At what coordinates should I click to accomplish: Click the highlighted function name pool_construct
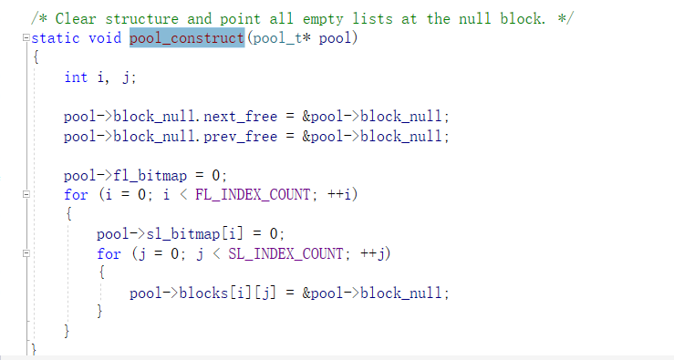point(187,37)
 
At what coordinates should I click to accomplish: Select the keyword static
point(57,37)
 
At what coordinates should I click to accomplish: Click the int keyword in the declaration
point(76,77)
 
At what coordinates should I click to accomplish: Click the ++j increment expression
point(374,253)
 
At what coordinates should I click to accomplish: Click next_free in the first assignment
point(240,117)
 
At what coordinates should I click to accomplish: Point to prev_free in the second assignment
point(240,136)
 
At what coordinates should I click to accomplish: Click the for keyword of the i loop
point(76,194)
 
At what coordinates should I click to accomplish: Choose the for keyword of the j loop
point(109,253)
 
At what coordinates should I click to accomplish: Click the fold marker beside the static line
point(26,37)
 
